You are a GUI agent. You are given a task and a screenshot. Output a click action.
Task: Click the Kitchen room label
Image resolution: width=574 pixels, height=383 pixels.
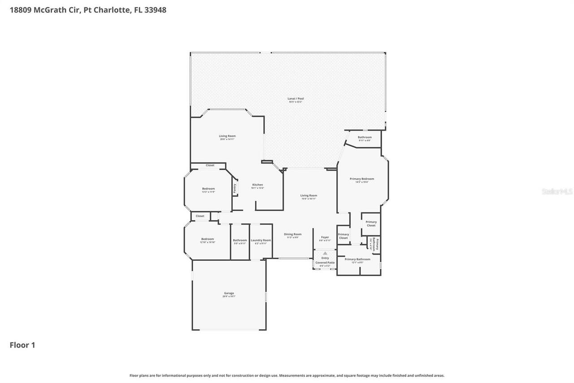[257, 185]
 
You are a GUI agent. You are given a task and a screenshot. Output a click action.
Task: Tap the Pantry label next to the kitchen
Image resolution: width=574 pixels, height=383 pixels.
[234, 189]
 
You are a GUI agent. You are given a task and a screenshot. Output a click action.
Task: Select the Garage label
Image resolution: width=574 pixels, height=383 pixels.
[229, 294]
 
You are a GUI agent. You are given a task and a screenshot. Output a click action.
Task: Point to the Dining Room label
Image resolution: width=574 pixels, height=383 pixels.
[292, 234]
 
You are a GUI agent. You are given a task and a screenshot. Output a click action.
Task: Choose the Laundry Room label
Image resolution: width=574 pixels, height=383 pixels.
[261, 240]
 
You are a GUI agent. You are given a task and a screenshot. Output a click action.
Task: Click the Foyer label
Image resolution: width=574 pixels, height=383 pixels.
[325, 237]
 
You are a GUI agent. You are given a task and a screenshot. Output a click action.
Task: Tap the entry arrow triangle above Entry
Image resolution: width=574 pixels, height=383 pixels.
[325, 253]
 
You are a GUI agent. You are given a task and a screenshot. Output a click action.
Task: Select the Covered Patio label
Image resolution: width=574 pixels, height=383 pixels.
[325, 263]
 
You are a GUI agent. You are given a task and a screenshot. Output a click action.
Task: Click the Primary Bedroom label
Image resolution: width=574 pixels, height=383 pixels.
[361, 179]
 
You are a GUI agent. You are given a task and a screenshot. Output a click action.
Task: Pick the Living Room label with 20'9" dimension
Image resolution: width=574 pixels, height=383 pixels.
[227, 136]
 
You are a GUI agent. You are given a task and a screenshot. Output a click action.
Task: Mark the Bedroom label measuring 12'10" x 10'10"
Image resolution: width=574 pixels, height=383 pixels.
[207, 239]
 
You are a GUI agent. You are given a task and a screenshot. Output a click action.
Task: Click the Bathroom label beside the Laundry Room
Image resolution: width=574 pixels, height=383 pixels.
[240, 240]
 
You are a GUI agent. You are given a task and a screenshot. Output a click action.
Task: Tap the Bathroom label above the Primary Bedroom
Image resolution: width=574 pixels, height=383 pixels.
[364, 137]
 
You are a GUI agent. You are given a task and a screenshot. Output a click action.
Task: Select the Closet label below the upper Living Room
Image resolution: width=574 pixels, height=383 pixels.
[210, 166]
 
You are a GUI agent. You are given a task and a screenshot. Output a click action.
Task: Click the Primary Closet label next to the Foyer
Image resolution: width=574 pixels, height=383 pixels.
[344, 236]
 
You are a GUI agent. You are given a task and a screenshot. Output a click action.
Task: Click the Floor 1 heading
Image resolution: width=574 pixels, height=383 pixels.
[22, 345]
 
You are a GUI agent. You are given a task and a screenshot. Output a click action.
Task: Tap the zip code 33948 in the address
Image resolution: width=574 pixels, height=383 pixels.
[155, 10]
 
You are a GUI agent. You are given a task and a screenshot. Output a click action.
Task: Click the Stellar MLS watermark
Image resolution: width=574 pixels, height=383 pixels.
[557, 191]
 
